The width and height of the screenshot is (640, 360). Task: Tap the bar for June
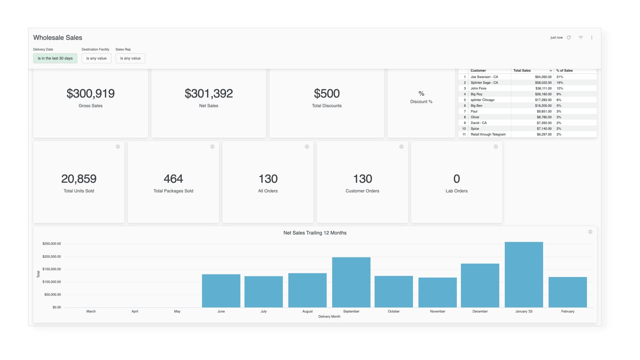pyautogui.click(x=221, y=291)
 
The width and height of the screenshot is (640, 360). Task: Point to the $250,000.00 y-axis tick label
pyautogui.click(x=52, y=244)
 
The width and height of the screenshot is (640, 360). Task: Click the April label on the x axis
pyautogui.click(x=135, y=311)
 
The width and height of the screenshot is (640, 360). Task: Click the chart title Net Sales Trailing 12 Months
pyautogui.click(x=315, y=233)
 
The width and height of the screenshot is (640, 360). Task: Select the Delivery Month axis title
pyautogui.click(x=329, y=316)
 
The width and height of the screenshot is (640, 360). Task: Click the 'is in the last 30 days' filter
pyautogui.click(x=55, y=58)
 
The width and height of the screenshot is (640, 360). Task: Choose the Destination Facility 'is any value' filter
pyautogui.click(x=96, y=58)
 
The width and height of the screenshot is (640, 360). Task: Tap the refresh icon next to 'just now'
pyautogui.click(x=569, y=38)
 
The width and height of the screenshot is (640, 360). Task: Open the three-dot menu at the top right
pyautogui.click(x=592, y=38)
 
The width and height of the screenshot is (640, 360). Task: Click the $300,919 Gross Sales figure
pyautogui.click(x=90, y=94)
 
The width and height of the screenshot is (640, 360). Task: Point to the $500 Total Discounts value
pyautogui.click(x=327, y=94)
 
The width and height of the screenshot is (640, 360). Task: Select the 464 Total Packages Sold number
pyautogui.click(x=173, y=179)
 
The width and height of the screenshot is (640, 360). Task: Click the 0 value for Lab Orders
pyautogui.click(x=456, y=179)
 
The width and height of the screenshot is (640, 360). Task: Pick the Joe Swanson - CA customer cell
pyautogui.click(x=484, y=77)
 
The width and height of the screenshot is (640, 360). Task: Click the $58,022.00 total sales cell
pyautogui.click(x=543, y=83)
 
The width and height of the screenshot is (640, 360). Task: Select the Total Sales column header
pyautogui.click(x=522, y=70)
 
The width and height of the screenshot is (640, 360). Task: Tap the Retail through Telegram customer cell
pyautogui.click(x=488, y=134)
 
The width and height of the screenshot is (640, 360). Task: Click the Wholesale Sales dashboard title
pyautogui.click(x=58, y=38)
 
